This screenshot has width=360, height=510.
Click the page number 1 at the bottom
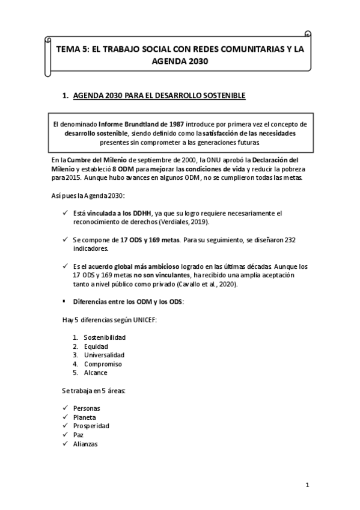click(x=307, y=485)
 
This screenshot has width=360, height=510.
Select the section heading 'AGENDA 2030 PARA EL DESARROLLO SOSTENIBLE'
click(x=159, y=95)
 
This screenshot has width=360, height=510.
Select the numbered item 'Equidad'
click(x=96, y=346)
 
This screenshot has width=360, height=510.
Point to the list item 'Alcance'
click(x=96, y=372)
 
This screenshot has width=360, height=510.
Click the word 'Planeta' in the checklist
click(x=84, y=417)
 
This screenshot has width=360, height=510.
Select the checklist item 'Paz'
click(x=78, y=435)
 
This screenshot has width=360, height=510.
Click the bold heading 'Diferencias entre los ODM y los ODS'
click(x=128, y=301)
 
